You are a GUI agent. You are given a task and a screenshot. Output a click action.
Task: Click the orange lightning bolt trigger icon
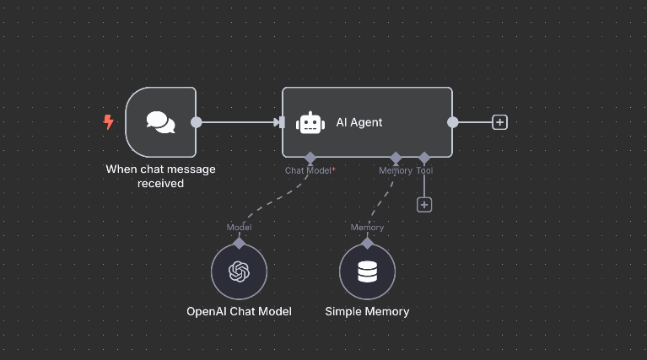coord(108,122)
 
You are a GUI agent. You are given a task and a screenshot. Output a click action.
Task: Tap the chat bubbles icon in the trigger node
coord(160,122)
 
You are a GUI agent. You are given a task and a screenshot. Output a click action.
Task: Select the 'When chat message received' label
coord(160,175)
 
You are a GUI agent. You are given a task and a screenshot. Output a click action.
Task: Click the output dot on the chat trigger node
coord(197,122)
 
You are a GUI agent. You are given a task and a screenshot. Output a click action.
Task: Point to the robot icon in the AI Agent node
coord(311,122)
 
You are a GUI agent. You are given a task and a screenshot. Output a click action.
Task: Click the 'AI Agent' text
coord(359,122)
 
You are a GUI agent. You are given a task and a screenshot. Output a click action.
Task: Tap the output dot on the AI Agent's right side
coord(453,122)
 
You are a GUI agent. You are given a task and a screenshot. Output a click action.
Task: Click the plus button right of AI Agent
coord(499,122)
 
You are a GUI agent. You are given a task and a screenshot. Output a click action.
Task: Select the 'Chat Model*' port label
coord(310,170)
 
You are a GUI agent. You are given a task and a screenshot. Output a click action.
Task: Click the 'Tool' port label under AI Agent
coord(424,170)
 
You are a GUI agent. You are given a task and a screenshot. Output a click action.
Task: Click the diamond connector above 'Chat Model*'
coord(310,158)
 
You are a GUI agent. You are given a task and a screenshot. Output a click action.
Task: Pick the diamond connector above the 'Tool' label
coord(424,158)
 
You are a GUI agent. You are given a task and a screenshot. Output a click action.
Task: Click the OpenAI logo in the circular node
coord(240,272)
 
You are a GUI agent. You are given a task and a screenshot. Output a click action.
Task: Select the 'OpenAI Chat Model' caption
coord(239,311)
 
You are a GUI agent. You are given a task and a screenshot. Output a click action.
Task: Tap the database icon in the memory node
coord(367,272)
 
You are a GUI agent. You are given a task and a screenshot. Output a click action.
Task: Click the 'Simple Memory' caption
coord(367,311)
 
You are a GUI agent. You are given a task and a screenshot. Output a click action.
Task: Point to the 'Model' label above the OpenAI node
coord(239,227)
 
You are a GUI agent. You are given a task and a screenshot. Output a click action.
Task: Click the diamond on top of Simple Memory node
coord(367,243)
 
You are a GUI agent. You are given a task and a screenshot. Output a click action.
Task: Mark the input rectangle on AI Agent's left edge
coord(282,122)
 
